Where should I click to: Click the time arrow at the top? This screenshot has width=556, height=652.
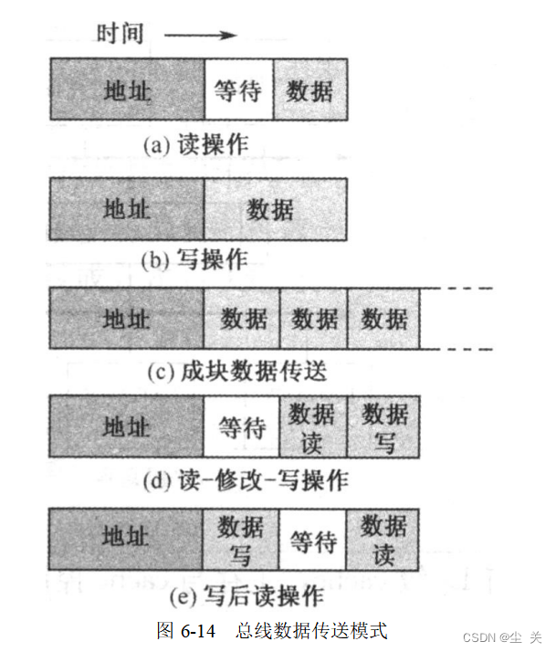(x=201, y=37)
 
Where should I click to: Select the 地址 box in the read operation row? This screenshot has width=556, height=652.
(x=126, y=89)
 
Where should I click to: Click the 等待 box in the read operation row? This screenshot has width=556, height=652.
(x=238, y=89)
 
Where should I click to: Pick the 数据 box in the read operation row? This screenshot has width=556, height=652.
(x=310, y=89)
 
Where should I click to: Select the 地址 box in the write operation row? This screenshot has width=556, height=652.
(x=126, y=208)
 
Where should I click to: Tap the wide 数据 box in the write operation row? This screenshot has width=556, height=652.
(x=275, y=208)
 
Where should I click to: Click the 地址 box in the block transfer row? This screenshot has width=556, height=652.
(x=126, y=319)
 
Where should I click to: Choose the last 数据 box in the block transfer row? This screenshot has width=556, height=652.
(x=384, y=319)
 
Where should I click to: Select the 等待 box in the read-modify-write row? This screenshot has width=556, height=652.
(x=241, y=426)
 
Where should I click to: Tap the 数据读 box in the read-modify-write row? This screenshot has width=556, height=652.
(x=313, y=426)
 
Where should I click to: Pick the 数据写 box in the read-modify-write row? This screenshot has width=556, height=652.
(x=384, y=426)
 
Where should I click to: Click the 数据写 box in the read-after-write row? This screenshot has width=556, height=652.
(x=241, y=541)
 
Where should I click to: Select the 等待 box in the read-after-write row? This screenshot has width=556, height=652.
(x=313, y=541)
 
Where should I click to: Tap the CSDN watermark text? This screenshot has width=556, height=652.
(x=503, y=636)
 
